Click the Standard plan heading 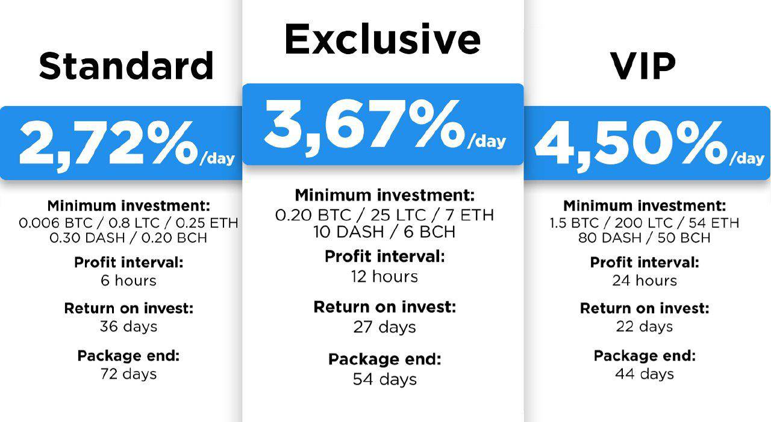click(x=126, y=66)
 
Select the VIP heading click(x=643, y=66)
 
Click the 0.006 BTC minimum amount click(x=56, y=223)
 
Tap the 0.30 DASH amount click(x=87, y=238)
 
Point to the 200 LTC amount click(x=644, y=223)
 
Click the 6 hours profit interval click(x=128, y=281)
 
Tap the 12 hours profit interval click(x=384, y=276)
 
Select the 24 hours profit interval click(x=645, y=281)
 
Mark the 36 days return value click(x=128, y=326)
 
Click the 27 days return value click(x=384, y=327)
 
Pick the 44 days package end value click(x=645, y=374)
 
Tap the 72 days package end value click(x=128, y=374)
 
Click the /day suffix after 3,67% click(x=486, y=141)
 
